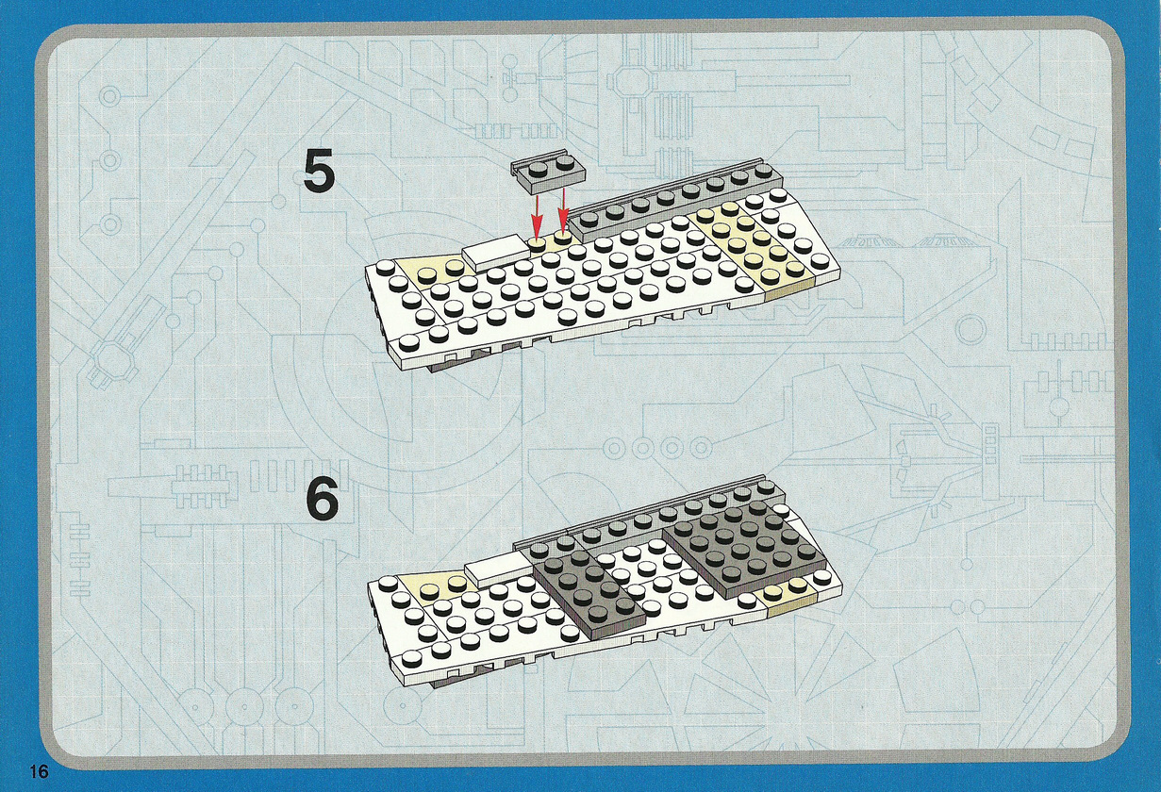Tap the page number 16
pyautogui.click(x=39, y=771)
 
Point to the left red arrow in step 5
pyautogui.click(x=537, y=216)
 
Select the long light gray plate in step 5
pyautogui.click(x=675, y=206)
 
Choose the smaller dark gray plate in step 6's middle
pyautogui.click(x=589, y=589)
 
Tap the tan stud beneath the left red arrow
pyautogui.click(x=537, y=244)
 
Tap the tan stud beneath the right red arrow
pyautogui.click(x=562, y=237)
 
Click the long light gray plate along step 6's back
pyautogui.click(x=648, y=518)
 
